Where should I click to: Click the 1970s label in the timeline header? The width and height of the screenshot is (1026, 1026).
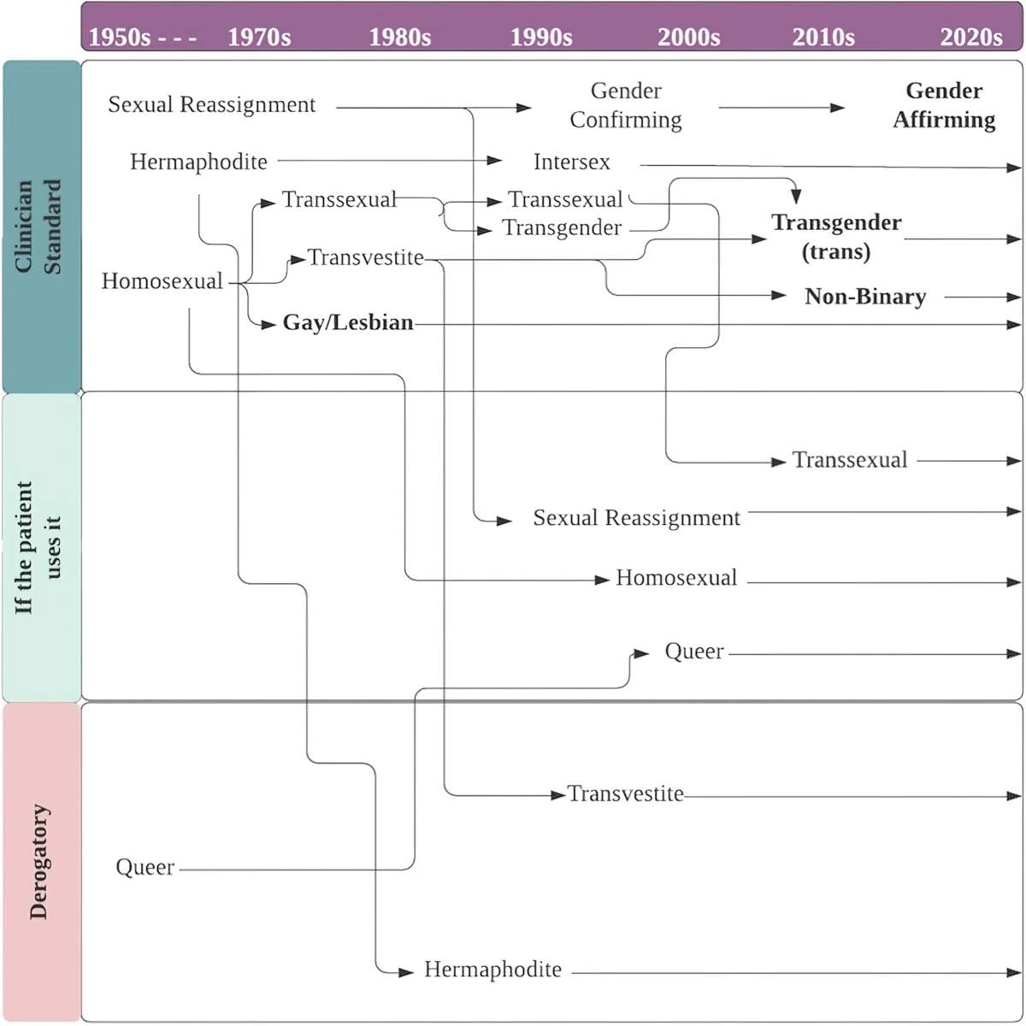coord(259,38)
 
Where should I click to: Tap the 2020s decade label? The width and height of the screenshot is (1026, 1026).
coord(971,38)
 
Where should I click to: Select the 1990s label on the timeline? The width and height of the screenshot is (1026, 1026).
coord(541,38)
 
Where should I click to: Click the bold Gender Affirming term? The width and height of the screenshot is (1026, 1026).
coord(944,105)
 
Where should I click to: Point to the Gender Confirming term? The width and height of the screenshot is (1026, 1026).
coord(626,105)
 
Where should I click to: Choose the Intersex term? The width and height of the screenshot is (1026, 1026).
coord(571,162)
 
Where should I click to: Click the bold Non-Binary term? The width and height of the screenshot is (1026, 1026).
coord(865,297)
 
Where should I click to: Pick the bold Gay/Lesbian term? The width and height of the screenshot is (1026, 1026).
coord(348,322)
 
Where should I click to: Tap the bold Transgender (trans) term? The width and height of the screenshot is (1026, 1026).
coord(836,237)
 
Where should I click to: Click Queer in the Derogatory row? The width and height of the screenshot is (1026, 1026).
coord(144,867)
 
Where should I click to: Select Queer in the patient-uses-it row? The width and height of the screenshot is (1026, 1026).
coord(694,652)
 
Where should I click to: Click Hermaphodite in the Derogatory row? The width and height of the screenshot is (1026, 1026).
coord(492,969)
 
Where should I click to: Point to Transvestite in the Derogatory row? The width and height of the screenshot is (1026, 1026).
coord(625,793)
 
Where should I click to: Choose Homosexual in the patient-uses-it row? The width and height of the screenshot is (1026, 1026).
coord(676,578)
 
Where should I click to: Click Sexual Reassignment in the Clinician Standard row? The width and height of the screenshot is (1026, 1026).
coord(212,105)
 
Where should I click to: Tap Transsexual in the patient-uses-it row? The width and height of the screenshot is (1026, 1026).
coord(850,460)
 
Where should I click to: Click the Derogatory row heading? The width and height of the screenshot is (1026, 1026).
coord(39,862)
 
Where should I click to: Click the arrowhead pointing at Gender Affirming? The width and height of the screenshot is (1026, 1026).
coord(838,108)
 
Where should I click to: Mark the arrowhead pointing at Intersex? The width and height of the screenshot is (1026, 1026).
coord(495,160)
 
